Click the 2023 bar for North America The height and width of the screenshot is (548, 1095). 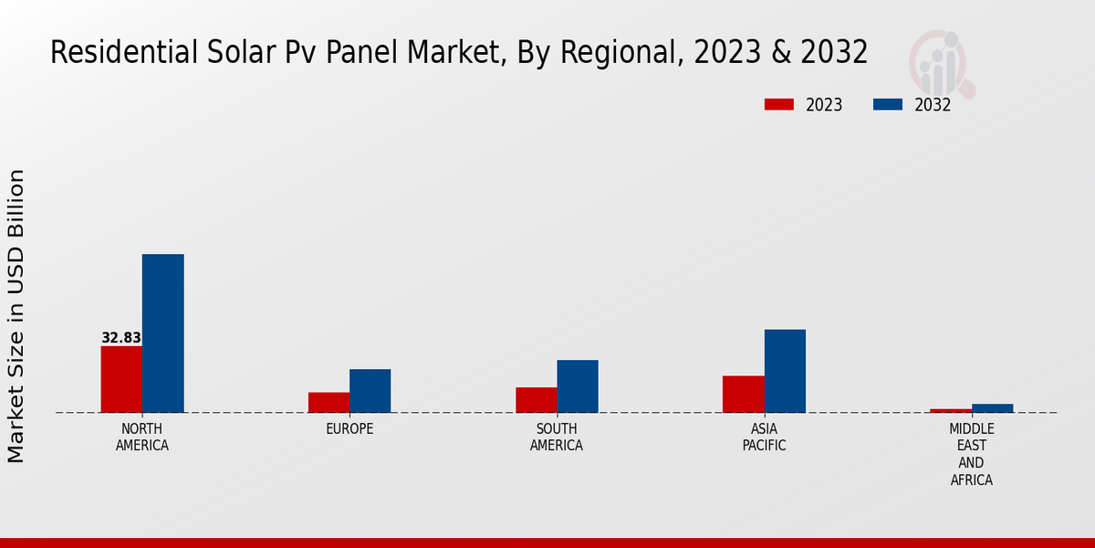tap(121, 379)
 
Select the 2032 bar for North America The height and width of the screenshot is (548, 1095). tap(162, 333)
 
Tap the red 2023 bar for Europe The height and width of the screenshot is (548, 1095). tap(328, 402)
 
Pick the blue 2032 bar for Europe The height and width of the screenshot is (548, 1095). tap(370, 391)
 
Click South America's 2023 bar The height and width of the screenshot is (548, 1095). tap(536, 400)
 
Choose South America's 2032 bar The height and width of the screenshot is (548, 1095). tap(578, 386)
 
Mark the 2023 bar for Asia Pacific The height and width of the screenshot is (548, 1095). tap(743, 394)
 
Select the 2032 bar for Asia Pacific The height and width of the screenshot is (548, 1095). tap(785, 371)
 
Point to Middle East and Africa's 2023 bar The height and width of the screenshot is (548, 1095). tap(951, 410)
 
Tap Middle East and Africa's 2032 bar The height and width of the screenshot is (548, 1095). tap(992, 408)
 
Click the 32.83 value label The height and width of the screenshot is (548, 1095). tap(120, 338)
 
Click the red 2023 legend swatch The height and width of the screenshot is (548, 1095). tap(778, 104)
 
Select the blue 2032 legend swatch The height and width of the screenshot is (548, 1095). tap(887, 104)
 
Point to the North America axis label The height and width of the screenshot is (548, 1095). tap(142, 437)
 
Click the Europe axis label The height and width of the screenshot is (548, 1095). tap(349, 429)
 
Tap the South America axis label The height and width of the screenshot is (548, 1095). tap(557, 437)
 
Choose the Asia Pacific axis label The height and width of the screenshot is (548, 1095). tap(764, 437)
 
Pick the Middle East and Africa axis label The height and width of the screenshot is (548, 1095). tap(971, 454)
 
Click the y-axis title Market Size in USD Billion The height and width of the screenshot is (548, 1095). tap(16, 315)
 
